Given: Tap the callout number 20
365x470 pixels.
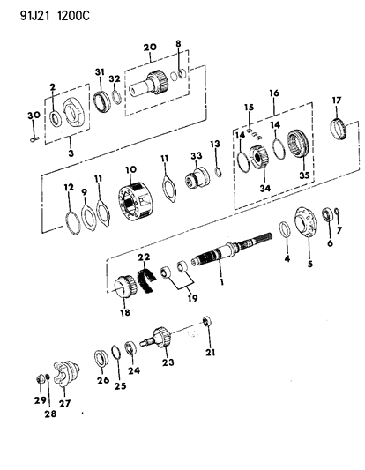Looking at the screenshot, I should [x=149, y=48].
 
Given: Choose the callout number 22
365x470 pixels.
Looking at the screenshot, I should [x=142, y=257].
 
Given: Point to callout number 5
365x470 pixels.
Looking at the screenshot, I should [x=309, y=263].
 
